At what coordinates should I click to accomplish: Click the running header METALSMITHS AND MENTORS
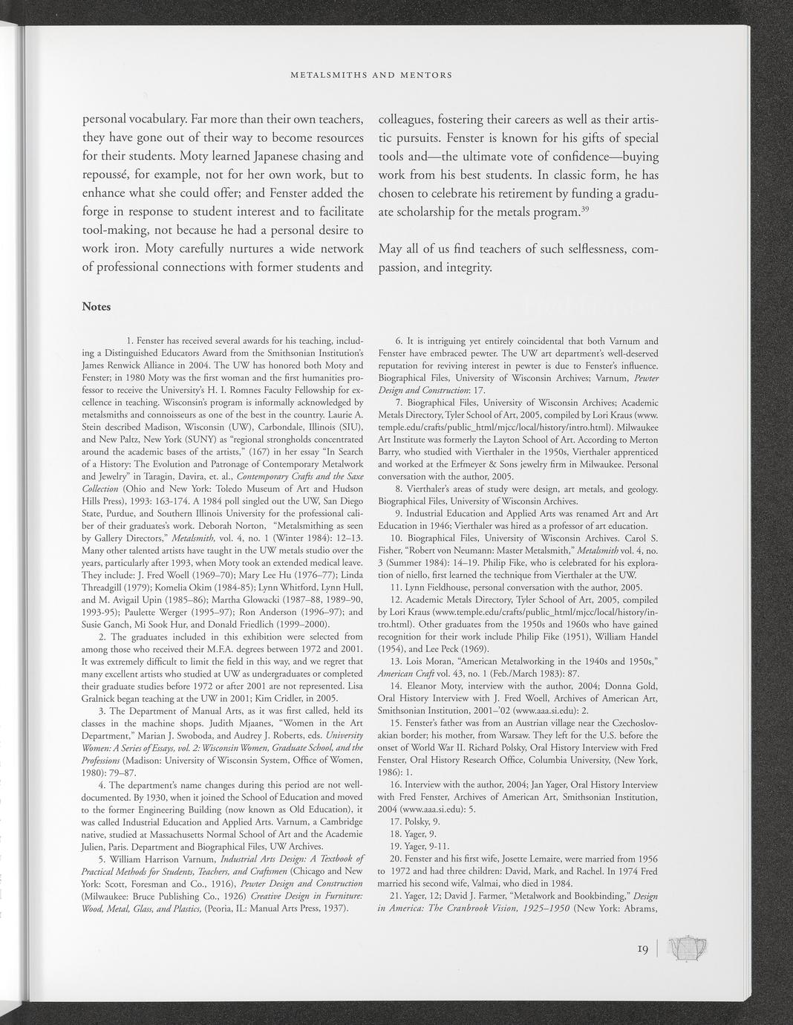click(x=372, y=75)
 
